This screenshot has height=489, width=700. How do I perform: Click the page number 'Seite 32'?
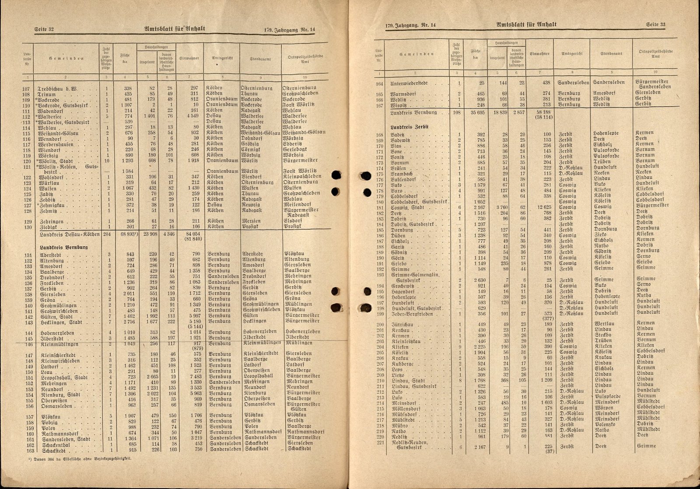(x=44, y=29)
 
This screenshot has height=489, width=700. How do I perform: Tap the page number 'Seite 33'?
(x=655, y=24)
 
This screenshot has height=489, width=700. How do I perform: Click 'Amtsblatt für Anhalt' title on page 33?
(x=527, y=24)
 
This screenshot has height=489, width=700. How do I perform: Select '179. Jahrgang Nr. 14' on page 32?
(x=290, y=30)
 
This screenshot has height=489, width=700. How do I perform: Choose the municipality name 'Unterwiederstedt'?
(x=409, y=83)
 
